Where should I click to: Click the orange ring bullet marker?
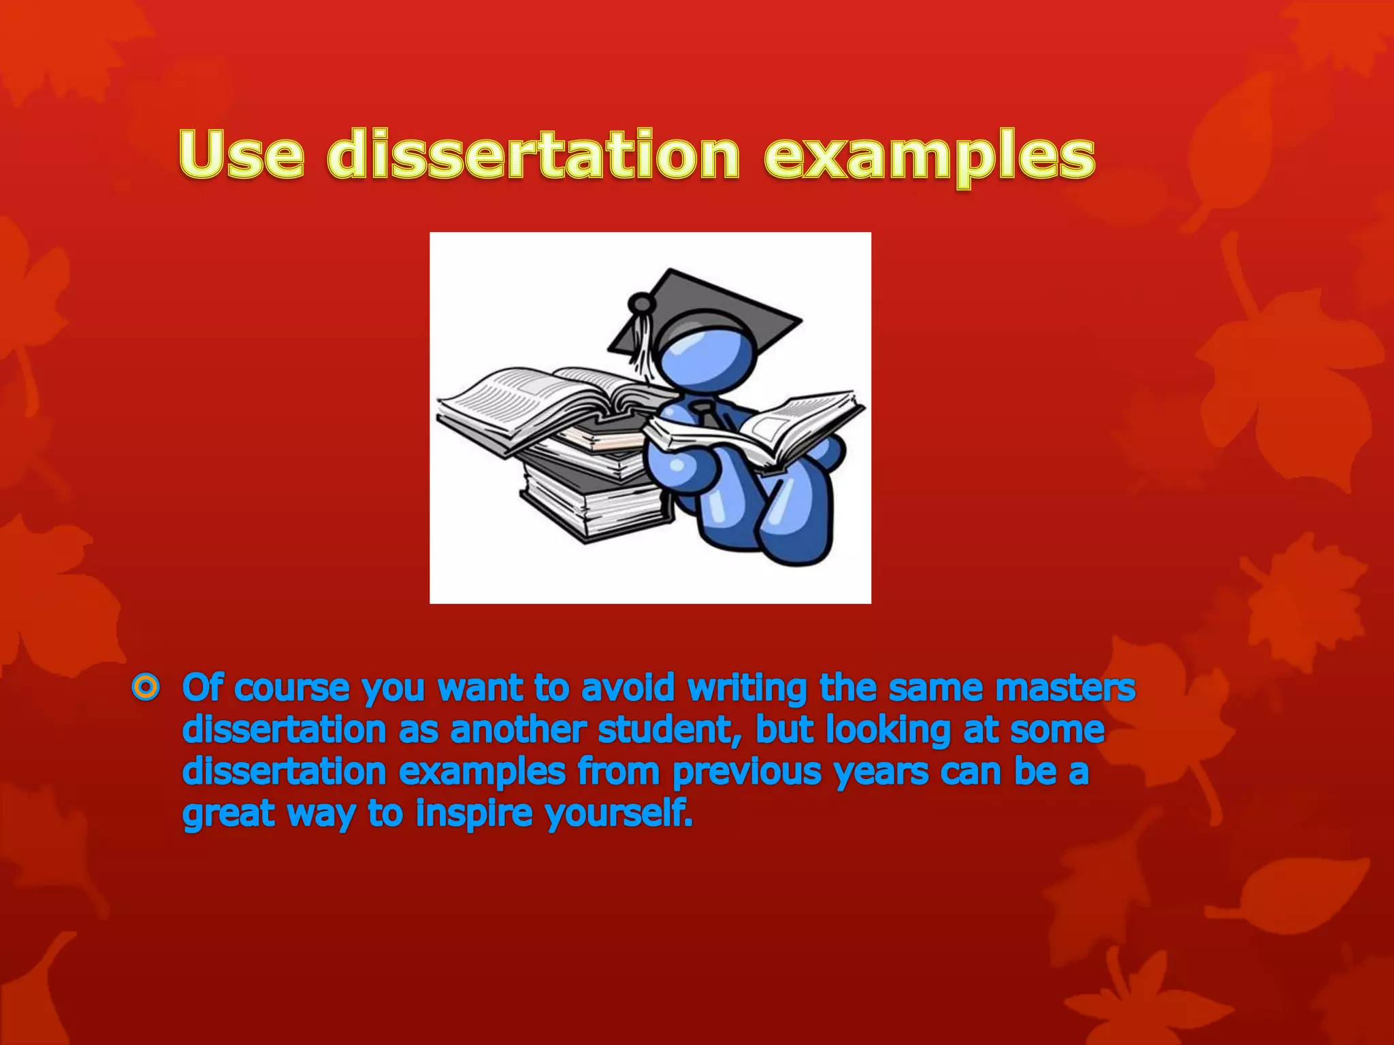(x=146, y=689)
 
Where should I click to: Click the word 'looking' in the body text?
(x=888, y=731)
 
